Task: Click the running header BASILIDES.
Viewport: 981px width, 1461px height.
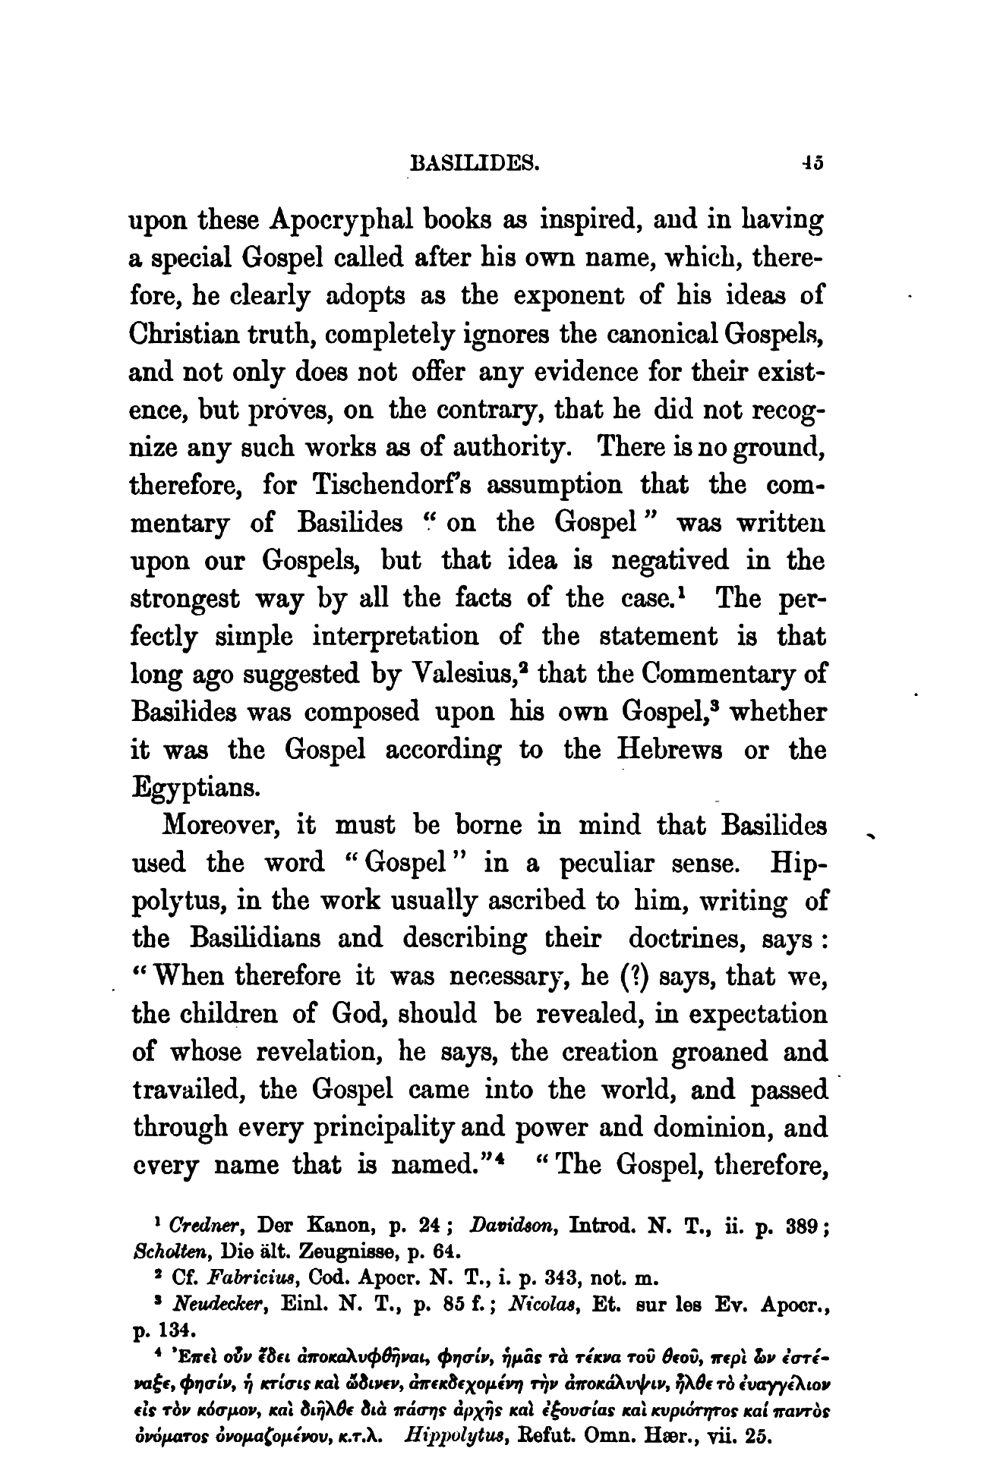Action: coord(474,162)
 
